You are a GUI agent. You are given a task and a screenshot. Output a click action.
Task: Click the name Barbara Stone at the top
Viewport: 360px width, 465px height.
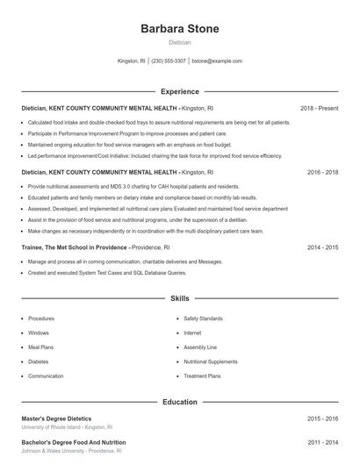click(x=179, y=29)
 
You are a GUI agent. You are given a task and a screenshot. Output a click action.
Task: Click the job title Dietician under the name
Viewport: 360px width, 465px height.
click(x=179, y=42)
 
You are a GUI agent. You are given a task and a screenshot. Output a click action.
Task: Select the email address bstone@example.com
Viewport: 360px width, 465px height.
click(x=217, y=61)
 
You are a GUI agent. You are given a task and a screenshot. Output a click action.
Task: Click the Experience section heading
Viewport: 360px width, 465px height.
click(x=179, y=91)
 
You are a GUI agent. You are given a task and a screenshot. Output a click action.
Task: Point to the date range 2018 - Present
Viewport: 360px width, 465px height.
click(x=319, y=108)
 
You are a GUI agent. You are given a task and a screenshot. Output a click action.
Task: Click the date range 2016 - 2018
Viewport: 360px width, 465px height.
click(x=322, y=173)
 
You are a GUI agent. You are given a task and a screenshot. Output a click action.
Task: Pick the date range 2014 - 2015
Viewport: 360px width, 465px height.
click(x=322, y=248)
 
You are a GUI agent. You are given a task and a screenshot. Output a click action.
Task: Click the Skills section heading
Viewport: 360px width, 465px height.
click(x=179, y=299)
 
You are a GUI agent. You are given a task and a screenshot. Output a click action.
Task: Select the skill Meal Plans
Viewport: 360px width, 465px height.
click(x=40, y=347)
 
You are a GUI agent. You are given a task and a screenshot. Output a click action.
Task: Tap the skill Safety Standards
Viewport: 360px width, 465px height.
click(x=203, y=318)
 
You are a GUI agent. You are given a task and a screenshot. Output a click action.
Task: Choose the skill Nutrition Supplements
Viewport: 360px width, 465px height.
click(x=210, y=361)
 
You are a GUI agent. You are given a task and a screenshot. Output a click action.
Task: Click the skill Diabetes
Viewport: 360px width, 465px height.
click(x=38, y=361)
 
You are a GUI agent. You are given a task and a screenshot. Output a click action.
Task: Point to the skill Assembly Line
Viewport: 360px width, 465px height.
click(x=200, y=347)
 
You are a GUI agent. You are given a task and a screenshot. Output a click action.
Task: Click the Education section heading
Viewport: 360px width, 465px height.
click(x=179, y=403)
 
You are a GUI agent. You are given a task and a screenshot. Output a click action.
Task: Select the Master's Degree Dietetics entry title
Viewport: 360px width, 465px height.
click(x=56, y=419)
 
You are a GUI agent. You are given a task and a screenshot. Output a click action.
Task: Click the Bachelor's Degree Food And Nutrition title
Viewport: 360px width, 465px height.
click(x=74, y=443)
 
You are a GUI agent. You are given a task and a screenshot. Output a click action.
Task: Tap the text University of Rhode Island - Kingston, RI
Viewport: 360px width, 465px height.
click(x=68, y=427)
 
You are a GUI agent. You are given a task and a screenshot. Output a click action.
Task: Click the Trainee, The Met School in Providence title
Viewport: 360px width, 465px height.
click(x=74, y=248)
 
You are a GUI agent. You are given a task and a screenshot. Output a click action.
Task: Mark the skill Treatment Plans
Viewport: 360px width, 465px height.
click(x=202, y=376)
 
